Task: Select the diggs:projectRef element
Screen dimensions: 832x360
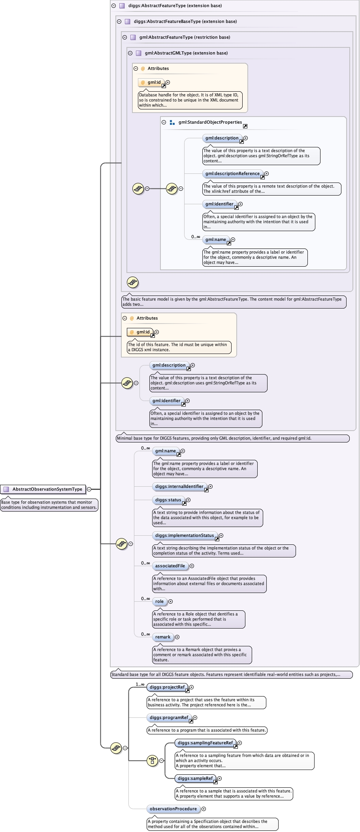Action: pos(167,687)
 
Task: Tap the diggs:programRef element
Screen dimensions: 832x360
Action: pos(169,717)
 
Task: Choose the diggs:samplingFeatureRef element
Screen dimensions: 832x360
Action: pos(205,743)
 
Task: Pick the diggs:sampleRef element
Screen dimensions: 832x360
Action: pos(195,778)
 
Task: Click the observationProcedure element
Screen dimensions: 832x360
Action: pos(173,809)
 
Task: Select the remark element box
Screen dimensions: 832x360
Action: pos(163,637)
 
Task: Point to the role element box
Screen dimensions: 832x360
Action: pos(159,601)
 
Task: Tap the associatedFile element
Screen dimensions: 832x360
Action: pos(170,566)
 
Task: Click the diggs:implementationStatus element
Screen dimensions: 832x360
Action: pos(184,535)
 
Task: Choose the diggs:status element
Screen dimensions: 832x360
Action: pos(168,500)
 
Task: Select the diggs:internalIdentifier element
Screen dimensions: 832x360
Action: pos(179,486)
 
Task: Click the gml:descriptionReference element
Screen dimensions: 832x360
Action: pos(232,173)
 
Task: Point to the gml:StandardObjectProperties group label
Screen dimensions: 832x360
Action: pos(210,122)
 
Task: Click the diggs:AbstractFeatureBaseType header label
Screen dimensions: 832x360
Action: pos(185,21)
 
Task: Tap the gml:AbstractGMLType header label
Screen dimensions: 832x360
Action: pos(186,53)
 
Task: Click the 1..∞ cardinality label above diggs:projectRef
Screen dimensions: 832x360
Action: pos(140,684)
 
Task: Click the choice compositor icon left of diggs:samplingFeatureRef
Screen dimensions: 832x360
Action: pos(152,760)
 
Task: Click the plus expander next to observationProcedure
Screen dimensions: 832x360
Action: pos(204,809)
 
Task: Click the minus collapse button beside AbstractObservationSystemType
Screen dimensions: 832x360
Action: pos(89,489)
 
